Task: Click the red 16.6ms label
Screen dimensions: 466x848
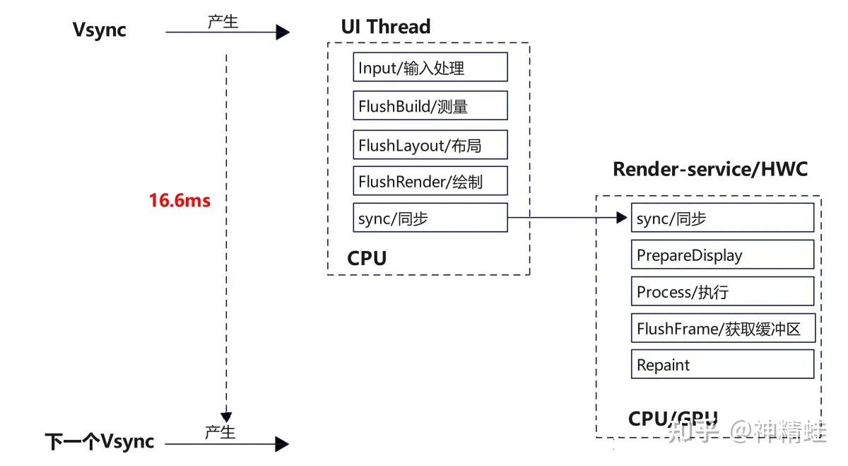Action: pyautogui.click(x=179, y=200)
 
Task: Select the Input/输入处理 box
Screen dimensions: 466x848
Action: pyautogui.click(x=430, y=68)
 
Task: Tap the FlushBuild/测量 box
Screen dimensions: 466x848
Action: pyautogui.click(x=430, y=106)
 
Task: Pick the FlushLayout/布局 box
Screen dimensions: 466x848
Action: pyautogui.click(x=430, y=145)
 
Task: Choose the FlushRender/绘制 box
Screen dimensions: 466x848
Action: pyautogui.click(x=430, y=182)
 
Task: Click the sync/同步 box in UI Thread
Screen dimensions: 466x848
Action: pyautogui.click(x=430, y=218)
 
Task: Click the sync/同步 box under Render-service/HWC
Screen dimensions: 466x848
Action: pyautogui.click(x=722, y=218)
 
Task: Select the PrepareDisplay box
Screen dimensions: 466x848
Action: pyautogui.click(x=722, y=255)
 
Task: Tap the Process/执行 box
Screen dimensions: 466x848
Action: pyautogui.click(x=722, y=291)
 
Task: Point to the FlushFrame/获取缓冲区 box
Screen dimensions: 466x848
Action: pyautogui.click(x=722, y=328)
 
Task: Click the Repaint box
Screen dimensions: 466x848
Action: pyautogui.click(x=722, y=365)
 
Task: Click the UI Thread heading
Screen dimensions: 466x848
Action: pyautogui.click(x=386, y=27)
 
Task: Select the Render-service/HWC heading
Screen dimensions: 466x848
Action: pyautogui.click(x=709, y=169)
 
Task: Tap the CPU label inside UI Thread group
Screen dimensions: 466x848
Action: pyautogui.click(x=367, y=258)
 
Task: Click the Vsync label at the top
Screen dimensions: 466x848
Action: pyautogui.click(x=100, y=30)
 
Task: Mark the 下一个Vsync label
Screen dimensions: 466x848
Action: pyautogui.click(x=100, y=442)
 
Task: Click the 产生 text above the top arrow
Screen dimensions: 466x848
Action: pyautogui.click(x=223, y=21)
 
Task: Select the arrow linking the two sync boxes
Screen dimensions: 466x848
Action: pyautogui.click(x=569, y=218)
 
